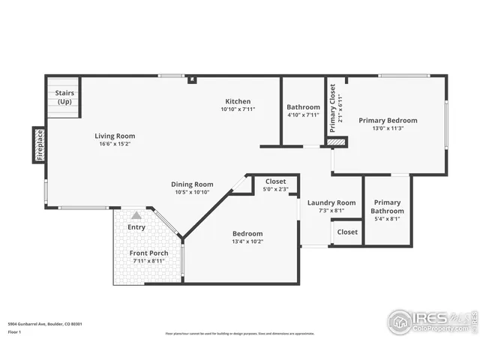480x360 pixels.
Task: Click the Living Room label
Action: click(115, 136)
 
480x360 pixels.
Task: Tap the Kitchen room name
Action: click(238, 101)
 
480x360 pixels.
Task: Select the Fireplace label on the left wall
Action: click(40, 145)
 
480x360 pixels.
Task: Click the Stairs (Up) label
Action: click(64, 97)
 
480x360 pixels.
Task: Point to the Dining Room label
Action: click(193, 184)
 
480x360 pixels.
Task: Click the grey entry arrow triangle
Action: click(136, 214)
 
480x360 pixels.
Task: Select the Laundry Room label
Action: click(331, 202)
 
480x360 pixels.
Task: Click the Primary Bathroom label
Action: click(387, 206)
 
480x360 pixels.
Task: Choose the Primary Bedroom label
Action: click(388, 120)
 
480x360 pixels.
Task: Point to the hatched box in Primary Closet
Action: click(337, 141)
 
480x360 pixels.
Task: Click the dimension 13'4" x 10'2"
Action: click(247, 242)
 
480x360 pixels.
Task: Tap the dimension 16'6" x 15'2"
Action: click(115, 144)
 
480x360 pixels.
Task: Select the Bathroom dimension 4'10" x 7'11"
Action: click(303, 115)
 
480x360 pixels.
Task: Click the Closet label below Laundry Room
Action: click(347, 232)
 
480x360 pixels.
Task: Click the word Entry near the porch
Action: click(136, 226)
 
